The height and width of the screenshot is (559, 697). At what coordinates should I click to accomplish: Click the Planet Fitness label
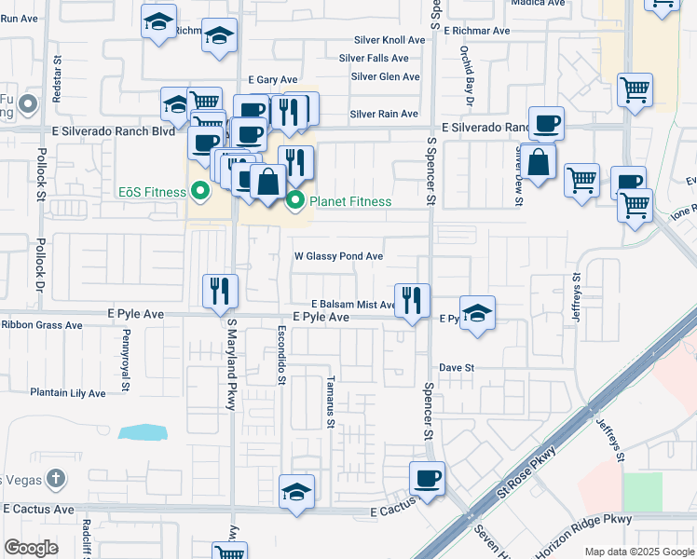pos(350,201)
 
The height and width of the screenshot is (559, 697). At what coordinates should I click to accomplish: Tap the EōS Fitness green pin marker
pos(198,193)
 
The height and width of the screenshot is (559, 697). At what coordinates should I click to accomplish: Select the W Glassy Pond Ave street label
pos(338,256)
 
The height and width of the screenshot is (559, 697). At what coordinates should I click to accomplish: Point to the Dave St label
pos(458,368)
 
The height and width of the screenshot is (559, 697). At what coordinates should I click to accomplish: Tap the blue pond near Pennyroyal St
pos(143,432)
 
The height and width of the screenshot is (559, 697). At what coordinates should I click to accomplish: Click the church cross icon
pos(56,480)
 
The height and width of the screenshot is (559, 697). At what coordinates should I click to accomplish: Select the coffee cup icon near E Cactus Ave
pos(427,479)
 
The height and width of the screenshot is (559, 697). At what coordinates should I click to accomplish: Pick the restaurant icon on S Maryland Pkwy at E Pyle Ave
pos(221,291)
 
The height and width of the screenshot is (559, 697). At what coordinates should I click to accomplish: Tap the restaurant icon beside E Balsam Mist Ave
pos(412,300)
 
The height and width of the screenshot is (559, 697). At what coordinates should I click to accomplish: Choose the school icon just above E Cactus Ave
pos(296,492)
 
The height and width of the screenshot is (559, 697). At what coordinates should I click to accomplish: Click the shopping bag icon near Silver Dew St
pos(539,161)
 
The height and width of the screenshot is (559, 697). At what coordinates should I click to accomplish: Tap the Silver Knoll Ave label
pos(389,40)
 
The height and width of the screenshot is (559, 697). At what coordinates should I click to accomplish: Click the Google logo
pos(31,548)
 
